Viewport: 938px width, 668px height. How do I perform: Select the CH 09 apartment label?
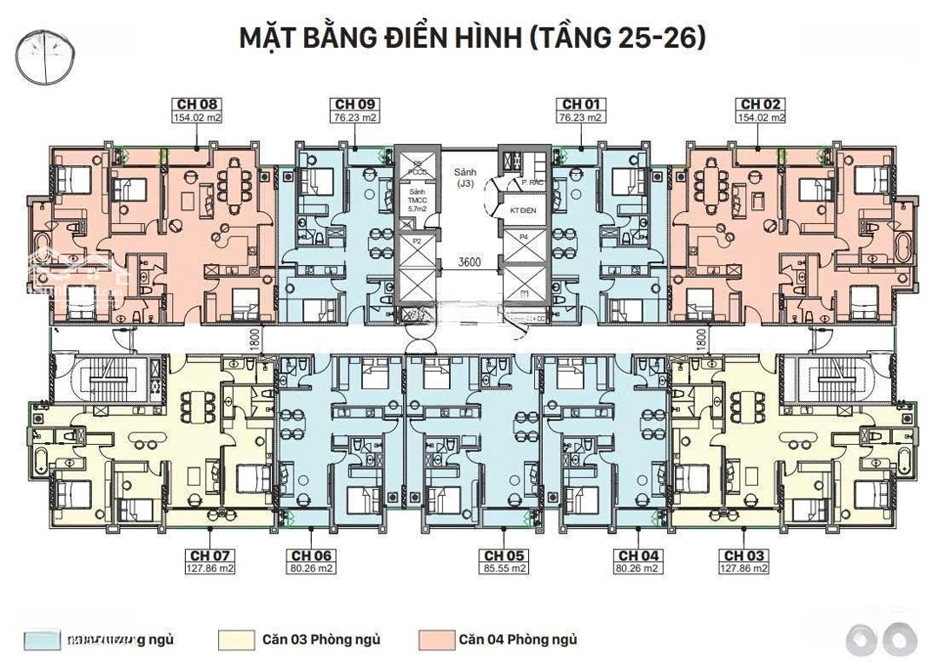pos(355,104)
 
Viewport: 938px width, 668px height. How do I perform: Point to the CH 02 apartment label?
pos(761,104)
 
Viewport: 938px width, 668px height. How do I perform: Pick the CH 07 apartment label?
pos(209,556)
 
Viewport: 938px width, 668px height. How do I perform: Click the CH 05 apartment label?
pos(505,556)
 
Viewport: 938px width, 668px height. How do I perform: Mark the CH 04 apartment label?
pos(637,556)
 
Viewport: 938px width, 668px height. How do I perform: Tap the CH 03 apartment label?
pos(744,556)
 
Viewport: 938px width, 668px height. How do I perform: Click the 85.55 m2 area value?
pos(505,569)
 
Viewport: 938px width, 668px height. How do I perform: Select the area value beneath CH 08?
pos(196,117)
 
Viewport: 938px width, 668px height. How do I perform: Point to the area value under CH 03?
pos(744,569)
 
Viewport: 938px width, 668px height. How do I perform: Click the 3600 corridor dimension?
pos(469,261)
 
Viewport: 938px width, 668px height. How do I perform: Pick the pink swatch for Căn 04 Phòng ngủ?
pos(435,641)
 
